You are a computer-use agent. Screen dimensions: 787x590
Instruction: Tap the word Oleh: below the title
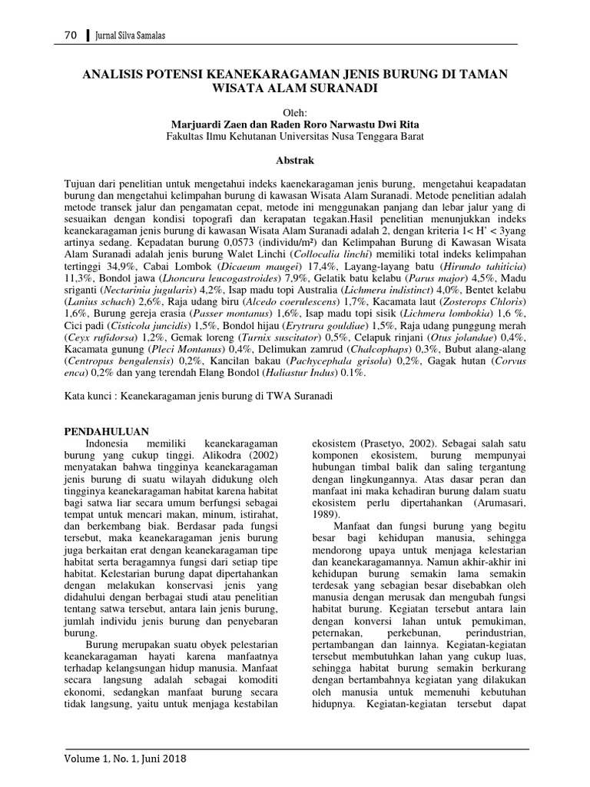295,111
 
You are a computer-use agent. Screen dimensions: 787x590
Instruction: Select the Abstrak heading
295,161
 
